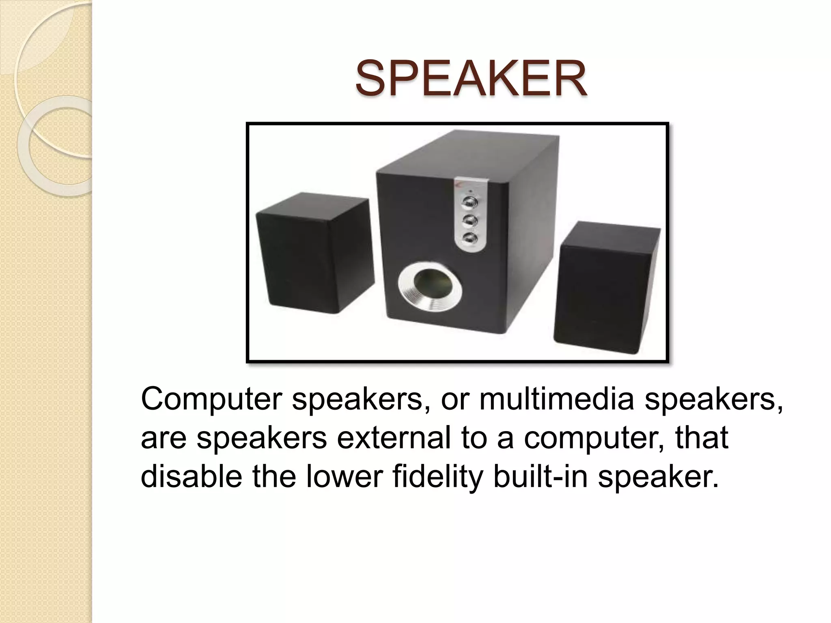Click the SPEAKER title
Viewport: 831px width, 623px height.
click(x=471, y=78)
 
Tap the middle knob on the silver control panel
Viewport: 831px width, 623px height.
click(x=469, y=220)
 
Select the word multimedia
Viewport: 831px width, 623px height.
click(x=556, y=400)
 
